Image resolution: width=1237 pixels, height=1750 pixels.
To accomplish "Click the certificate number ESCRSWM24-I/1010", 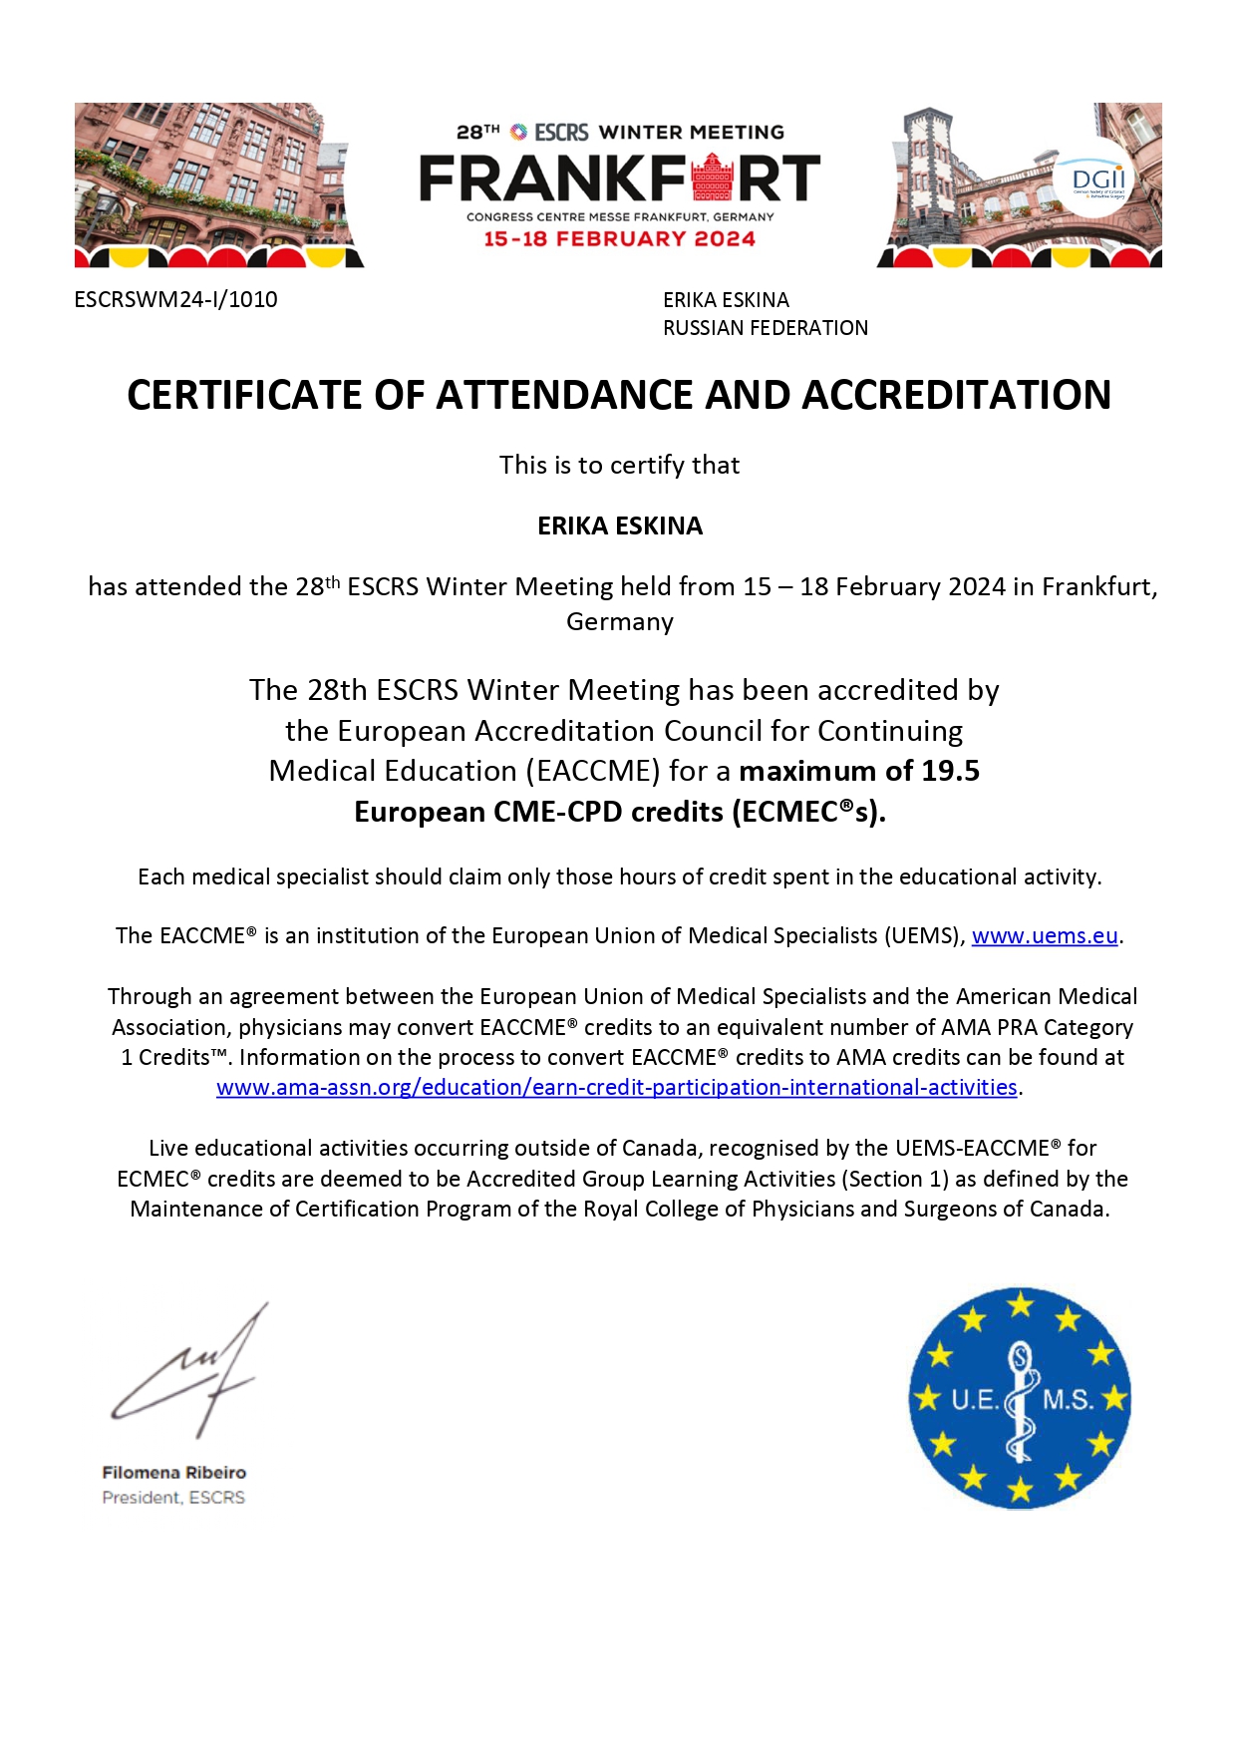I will [x=175, y=299].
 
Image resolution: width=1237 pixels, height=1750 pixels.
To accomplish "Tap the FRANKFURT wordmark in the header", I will [x=619, y=178].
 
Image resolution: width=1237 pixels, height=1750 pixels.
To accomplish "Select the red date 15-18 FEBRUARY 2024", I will [x=619, y=239].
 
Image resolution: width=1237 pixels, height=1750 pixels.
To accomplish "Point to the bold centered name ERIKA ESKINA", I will [x=619, y=525].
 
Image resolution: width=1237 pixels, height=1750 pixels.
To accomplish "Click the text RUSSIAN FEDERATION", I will [x=765, y=328].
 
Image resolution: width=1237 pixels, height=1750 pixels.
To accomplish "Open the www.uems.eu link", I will [x=1044, y=935].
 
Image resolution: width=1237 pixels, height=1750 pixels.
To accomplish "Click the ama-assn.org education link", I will [x=616, y=1087].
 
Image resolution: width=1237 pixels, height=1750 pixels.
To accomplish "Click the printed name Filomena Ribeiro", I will [x=173, y=1472].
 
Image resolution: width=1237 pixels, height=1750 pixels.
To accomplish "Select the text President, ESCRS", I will [x=173, y=1497].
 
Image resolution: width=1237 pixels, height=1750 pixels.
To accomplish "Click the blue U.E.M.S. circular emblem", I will [x=1019, y=1397].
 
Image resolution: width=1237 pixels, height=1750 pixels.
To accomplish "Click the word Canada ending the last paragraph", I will [x=1075, y=1209].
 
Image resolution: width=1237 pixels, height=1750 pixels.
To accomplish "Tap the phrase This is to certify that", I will [x=619, y=465].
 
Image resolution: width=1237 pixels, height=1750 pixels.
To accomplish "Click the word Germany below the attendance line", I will [x=619, y=621].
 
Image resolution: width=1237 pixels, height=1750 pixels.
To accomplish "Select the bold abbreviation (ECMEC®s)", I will [x=808, y=812].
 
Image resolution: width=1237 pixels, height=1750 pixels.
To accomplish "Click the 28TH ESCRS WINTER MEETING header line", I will [x=619, y=132].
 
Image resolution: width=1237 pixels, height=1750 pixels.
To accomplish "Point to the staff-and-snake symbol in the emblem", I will [x=1020, y=1398].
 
